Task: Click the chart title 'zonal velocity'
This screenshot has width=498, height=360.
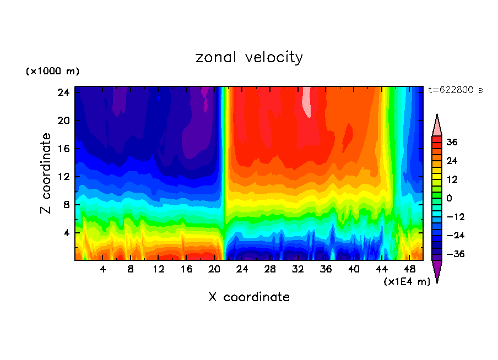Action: [249, 57]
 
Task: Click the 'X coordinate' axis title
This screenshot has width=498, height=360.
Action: [249, 297]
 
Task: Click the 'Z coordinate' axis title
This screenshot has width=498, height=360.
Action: [46, 173]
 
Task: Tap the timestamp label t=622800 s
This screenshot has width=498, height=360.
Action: [455, 90]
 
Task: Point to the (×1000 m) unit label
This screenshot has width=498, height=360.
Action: [52, 72]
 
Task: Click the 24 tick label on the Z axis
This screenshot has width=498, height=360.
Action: [63, 92]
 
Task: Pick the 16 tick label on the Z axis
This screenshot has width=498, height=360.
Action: [63, 149]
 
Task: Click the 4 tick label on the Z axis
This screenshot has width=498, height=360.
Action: [66, 233]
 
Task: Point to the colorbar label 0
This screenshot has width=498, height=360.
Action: [449, 198]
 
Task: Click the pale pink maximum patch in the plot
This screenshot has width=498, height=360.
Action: [307, 105]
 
